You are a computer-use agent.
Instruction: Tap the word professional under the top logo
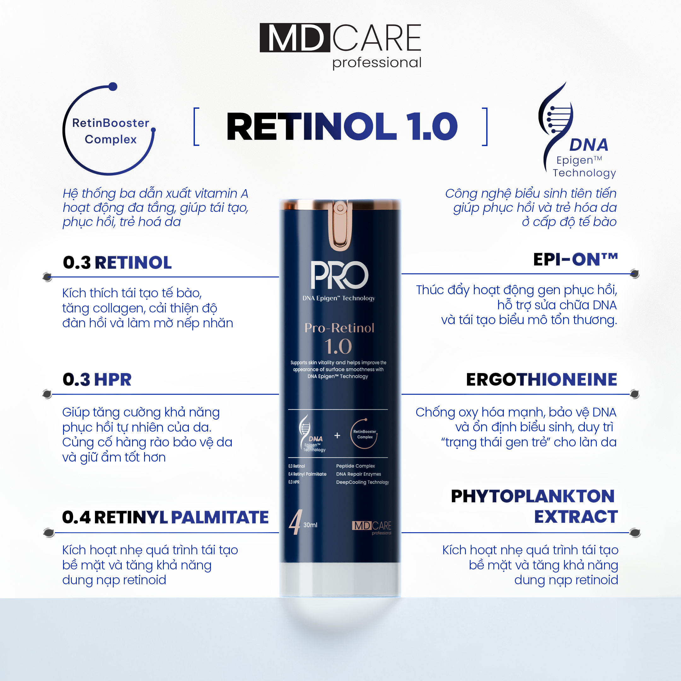point(377,63)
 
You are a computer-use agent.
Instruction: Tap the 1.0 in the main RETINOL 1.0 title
point(432,126)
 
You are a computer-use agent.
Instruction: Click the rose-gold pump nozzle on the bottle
point(340,226)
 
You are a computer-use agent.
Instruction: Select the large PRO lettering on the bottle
point(340,275)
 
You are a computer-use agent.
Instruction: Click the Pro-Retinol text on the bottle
point(340,328)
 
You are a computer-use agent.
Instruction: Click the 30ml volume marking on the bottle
point(310,525)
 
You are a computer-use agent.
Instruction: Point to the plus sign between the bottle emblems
point(337,436)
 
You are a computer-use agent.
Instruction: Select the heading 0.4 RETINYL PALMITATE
point(165,517)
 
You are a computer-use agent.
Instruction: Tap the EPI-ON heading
point(575,259)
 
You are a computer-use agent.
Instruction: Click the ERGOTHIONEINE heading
point(541,380)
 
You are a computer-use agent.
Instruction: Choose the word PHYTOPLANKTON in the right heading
point(533,496)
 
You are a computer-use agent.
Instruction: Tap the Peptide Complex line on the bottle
point(355,466)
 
